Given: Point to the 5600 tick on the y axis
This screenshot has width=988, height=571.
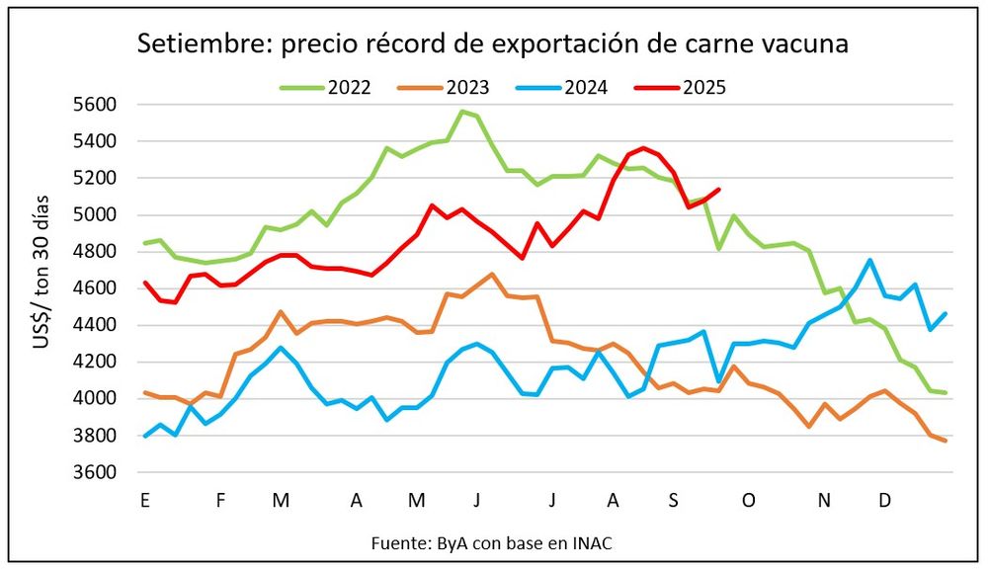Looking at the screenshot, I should coord(97,105).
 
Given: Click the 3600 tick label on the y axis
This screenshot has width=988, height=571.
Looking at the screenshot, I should coord(97,472).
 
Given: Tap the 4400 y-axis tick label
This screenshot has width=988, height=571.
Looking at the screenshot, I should coord(97,325).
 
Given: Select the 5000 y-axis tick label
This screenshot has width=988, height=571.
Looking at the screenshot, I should coord(97,215).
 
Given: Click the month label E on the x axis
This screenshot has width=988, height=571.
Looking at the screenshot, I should coord(145,501).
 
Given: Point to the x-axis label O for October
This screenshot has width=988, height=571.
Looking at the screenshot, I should coord(749,501).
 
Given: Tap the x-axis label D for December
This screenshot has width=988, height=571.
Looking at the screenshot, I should coord(885,501).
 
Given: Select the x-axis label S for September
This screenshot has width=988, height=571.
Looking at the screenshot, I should coord(674,501).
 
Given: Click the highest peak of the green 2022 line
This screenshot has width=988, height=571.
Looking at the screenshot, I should coord(461,112).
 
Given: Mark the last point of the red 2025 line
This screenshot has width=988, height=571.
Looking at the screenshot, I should coord(718,190).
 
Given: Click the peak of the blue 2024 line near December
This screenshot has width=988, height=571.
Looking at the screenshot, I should coord(869,261).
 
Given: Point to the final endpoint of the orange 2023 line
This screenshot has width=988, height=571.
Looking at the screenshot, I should coord(946,441).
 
